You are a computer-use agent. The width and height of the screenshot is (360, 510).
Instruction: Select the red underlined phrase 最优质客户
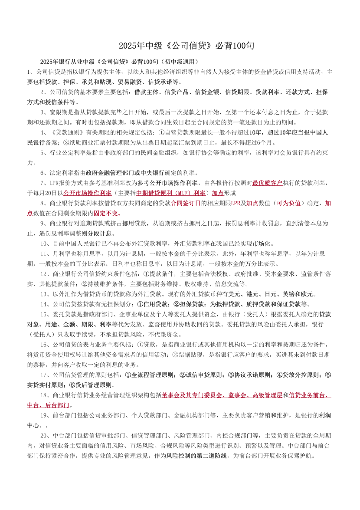point(267,182)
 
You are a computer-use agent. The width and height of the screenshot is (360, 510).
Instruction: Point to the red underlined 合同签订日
point(186,203)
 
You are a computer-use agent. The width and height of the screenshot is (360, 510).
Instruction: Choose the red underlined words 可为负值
point(288,203)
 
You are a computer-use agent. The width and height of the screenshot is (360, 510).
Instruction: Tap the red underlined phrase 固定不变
point(108,213)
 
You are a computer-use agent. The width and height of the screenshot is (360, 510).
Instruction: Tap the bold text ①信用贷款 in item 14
point(152,304)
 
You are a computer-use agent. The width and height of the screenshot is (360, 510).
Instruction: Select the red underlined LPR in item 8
point(236,203)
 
